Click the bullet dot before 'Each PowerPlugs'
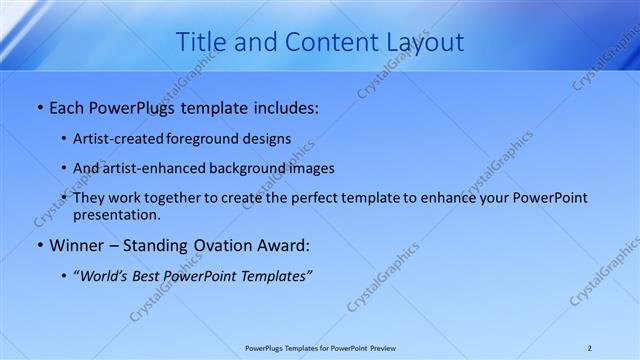pyautogui.click(x=39, y=105)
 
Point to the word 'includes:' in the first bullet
pyautogui.click(x=285, y=105)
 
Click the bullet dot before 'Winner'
pyautogui.click(x=39, y=245)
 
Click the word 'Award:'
pyautogui.click(x=284, y=245)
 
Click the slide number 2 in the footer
pyautogui.click(x=590, y=348)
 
